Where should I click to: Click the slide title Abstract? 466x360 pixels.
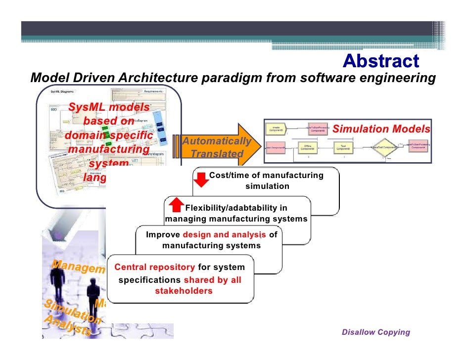pyautogui.click(x=380, y=61)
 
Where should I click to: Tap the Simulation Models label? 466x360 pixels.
pyautogui.click(x=381, y=130)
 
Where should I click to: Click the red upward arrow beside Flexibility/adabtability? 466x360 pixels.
pyautogui.click(x=176, y=205)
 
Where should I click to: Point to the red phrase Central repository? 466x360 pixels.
pyautogui.click(x=154, y=268)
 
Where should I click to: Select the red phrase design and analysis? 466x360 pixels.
pyautogui.click(x=225, y=235)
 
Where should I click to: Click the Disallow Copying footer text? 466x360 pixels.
pyautogui.click(x=375, y=332)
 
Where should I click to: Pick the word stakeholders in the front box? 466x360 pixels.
pyautogui.click(x=184, y=291)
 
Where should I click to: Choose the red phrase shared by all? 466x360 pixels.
pyautogui.click(x=212, y=280)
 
